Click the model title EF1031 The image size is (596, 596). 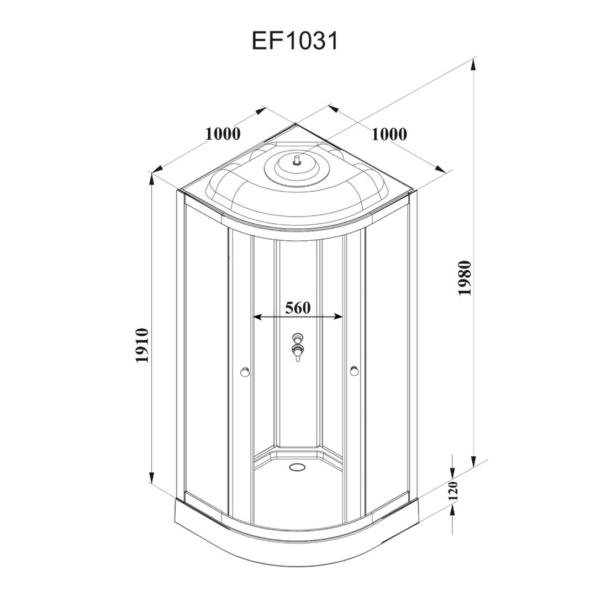pyautogui.click(x=295, y=41)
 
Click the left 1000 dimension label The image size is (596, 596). pyautogui.click(x=223, y=134)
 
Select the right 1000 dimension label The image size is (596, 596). pyautogui.click(x=389, y=134)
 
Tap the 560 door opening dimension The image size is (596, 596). pyautogui.click(x=298, y=308)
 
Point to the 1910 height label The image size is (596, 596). pyautogui.click(x=143, y=346)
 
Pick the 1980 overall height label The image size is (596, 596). pyautogui.click(x=465, y=278)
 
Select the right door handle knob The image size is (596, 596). pyautogui.click(x=354, y=371)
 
